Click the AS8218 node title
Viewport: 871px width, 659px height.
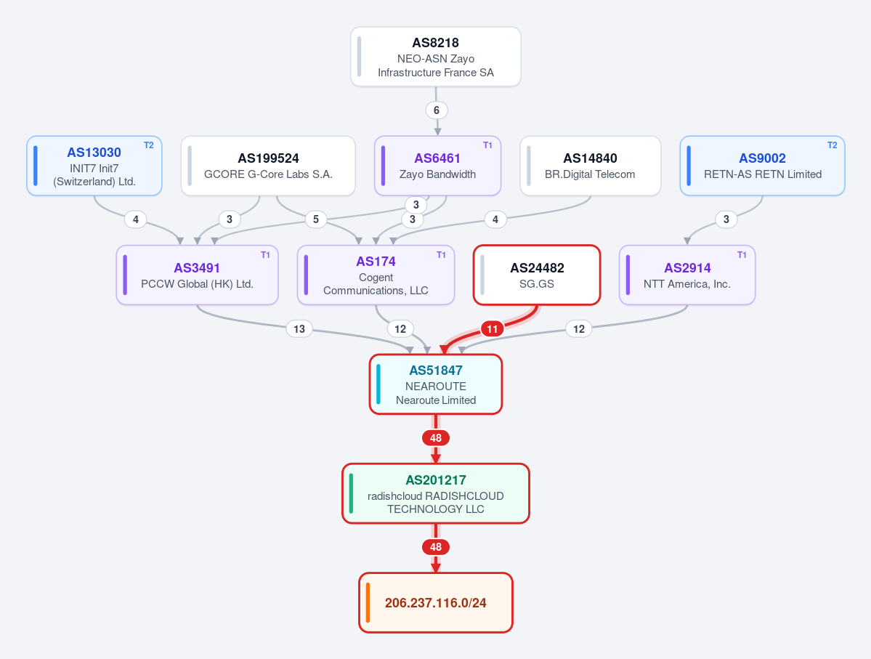point(436,43)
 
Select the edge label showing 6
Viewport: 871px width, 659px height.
point(437,110)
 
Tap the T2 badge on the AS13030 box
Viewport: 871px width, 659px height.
point(149,145)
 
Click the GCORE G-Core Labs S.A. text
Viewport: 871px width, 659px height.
point(268,174)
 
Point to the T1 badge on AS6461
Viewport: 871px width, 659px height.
point(487,145)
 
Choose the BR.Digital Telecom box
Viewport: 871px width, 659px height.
point(591,166)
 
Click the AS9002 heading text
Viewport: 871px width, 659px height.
point(762,158)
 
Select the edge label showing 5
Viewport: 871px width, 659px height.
point(316,219)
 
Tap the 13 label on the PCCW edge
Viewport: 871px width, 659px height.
point(299,329)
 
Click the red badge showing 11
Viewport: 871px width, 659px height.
point(492,329)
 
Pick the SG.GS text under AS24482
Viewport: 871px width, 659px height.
point(537,284)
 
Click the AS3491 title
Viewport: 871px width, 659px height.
point(197,268)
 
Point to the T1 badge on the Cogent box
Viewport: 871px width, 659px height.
point(441,254)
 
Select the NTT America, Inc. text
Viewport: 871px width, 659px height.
point(687,284)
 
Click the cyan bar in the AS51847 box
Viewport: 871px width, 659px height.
point(378,384)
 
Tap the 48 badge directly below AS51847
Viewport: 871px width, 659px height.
point(436,438)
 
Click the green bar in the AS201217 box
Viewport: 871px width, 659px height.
point(351,493)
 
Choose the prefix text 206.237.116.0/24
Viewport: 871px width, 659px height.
point(436,603)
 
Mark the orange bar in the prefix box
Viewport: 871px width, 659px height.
point(368,602)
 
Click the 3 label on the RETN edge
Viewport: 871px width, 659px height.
point(726,219)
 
